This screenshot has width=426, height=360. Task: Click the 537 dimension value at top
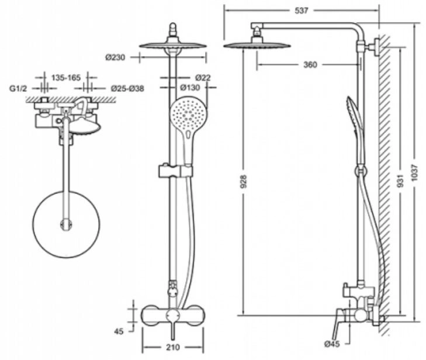[x=302, y=11]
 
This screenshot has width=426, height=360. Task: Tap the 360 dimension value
[x=310, y=65]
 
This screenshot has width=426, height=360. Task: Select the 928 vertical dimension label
[x=244, y=181]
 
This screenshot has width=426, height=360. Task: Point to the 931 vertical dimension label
[x=400, y=181]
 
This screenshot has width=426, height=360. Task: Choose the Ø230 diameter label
[x=116, y=58]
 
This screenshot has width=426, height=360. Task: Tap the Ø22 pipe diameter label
[x=203, y=78]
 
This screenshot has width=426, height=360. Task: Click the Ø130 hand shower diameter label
[x=190, y=88]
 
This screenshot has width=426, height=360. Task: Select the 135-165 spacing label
[x=66, y=78]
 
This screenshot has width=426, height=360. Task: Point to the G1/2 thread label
[x=19, y=89]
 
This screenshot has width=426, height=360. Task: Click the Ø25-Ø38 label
[x=127, y=89]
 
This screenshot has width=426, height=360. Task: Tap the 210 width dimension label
[x=173, y=347]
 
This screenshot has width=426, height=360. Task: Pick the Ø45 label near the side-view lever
[x=332, y=344]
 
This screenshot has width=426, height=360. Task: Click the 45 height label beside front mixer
[x=119, y=331]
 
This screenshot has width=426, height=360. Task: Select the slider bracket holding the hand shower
[x=175, y=171]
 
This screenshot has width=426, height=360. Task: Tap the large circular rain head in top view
[x=66, y=224]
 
